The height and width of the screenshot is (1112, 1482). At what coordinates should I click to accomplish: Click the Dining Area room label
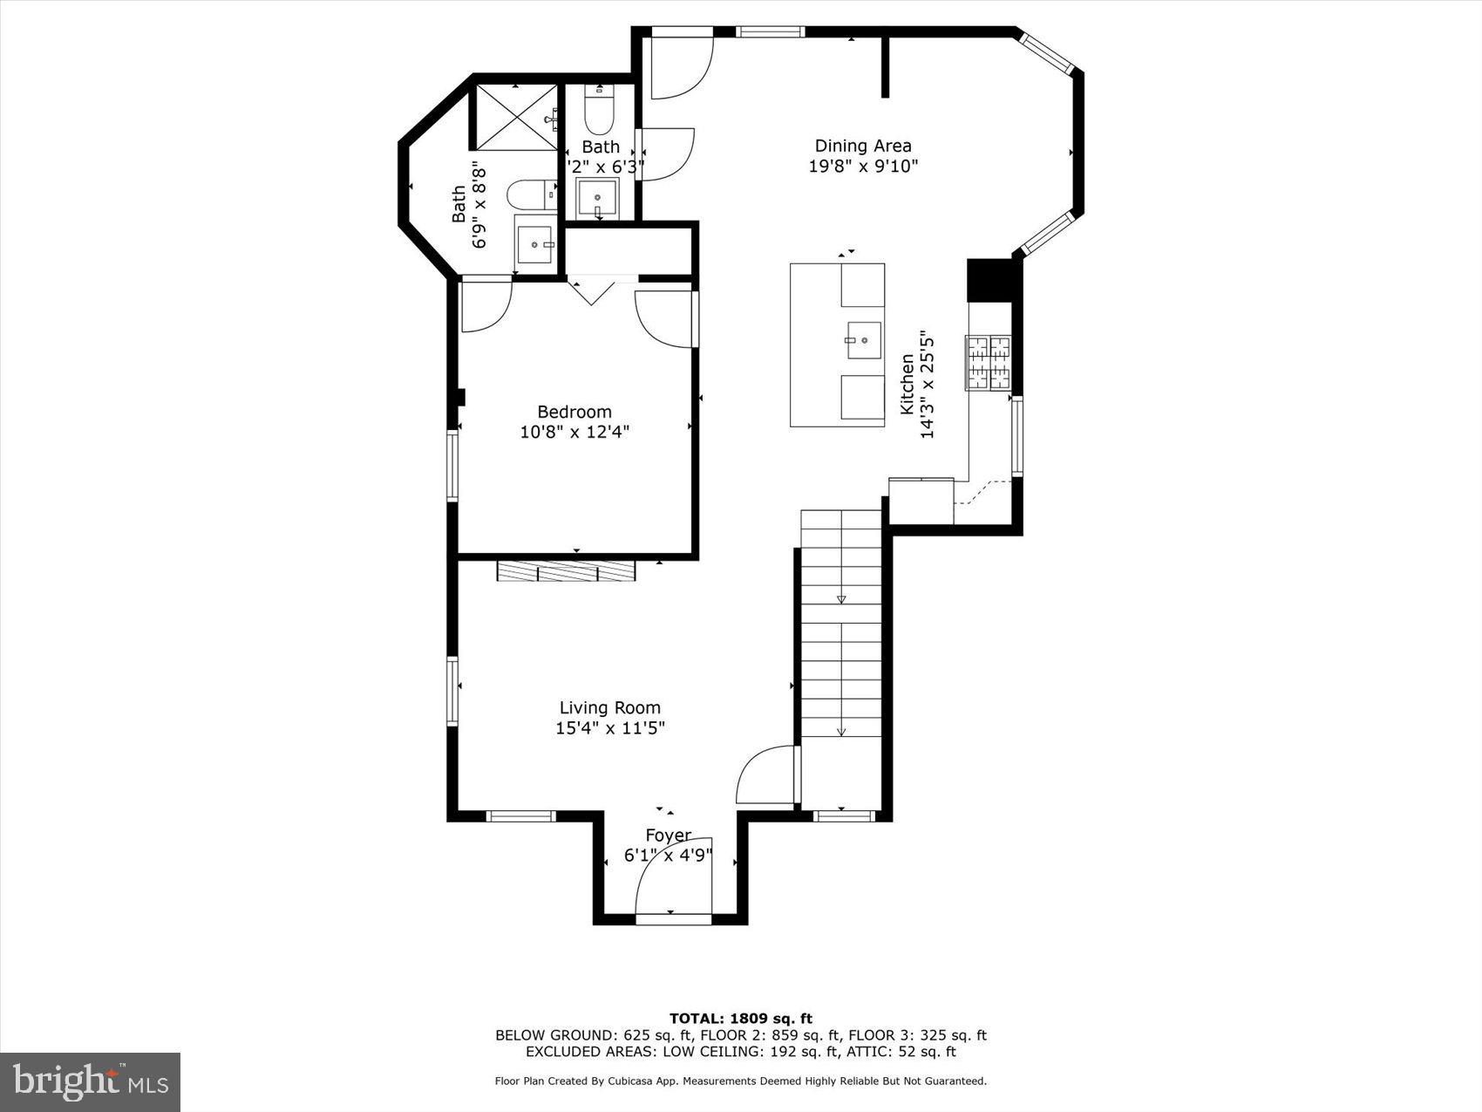(862, 146)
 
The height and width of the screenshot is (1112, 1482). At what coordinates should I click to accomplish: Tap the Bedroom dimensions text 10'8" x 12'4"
(574, 432)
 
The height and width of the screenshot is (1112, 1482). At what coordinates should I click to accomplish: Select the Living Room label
(609, 707)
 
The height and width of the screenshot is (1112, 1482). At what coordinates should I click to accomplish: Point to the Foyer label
(668, 836)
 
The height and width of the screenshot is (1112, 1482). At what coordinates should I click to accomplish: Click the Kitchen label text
(907, 384)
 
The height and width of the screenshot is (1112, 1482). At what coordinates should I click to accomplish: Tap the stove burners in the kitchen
(988, 362)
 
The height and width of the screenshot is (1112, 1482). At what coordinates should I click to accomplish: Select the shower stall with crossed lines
(515, 117)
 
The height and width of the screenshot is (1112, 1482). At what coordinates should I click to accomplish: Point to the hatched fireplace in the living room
(566, 571)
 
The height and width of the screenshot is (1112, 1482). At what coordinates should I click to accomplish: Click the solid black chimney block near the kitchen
(991, 280)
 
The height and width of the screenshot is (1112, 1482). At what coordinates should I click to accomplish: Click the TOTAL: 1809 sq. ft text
(740, 1018)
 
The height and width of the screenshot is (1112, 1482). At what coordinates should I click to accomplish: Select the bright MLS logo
(91, 1082)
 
